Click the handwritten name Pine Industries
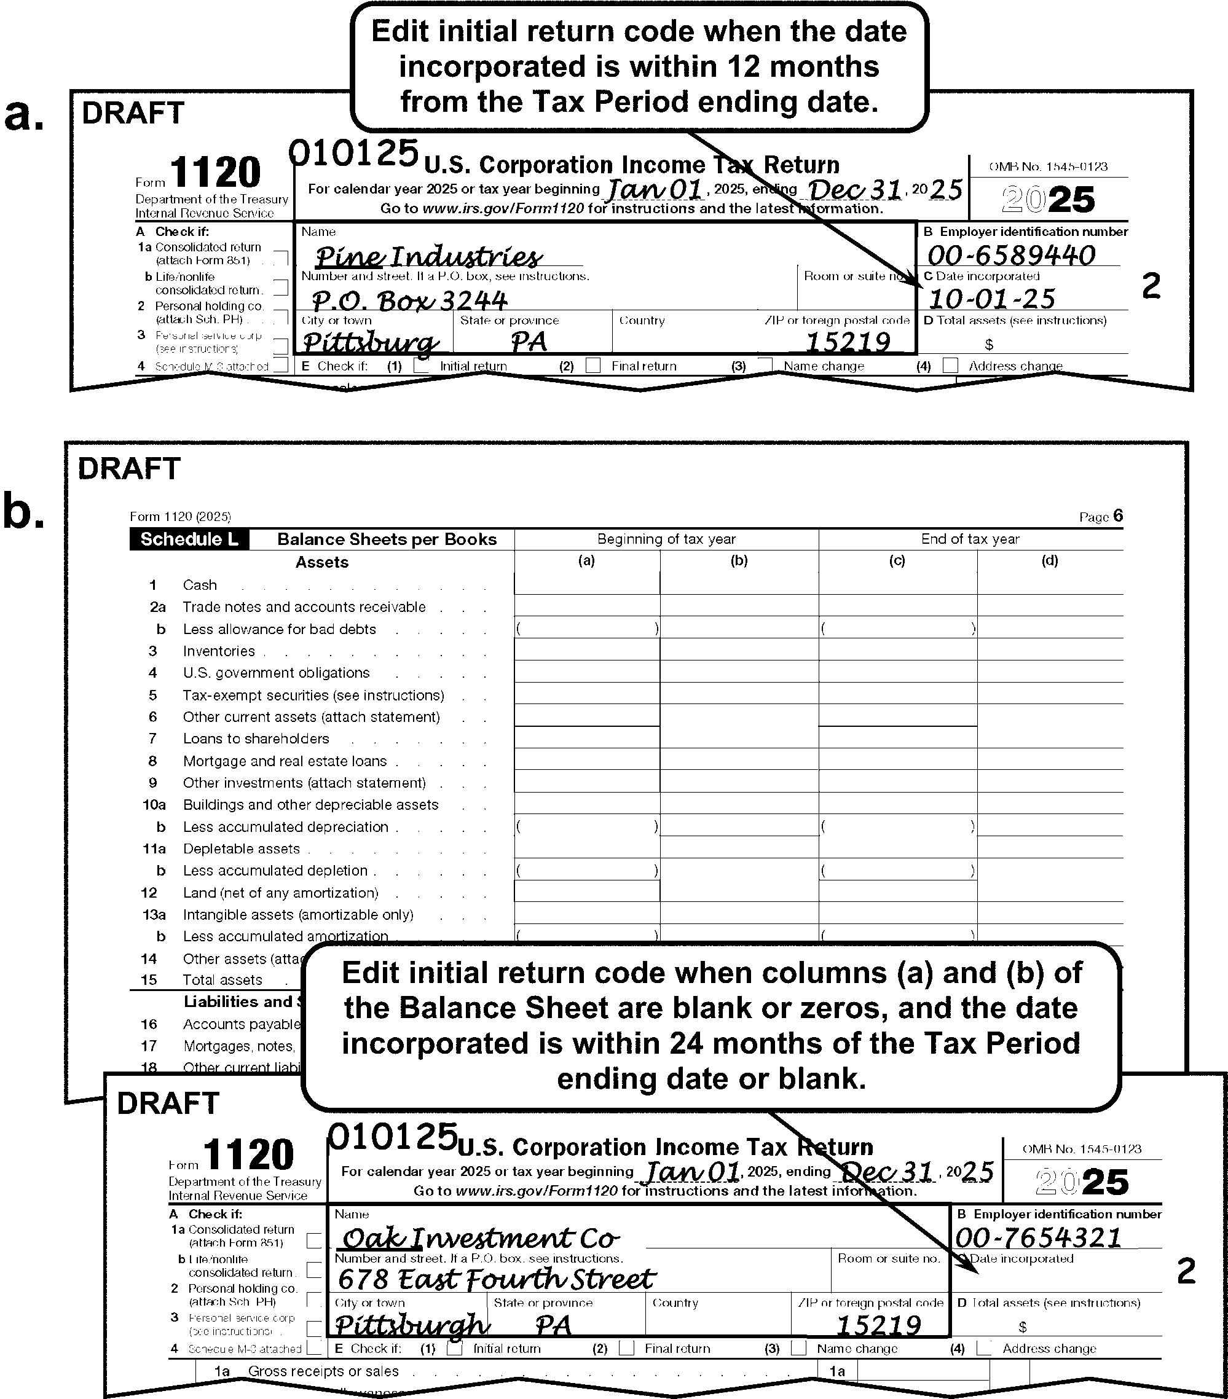(x=428, y=257)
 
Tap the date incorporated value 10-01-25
(x=991, y=299)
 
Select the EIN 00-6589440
(x=1011, y=256)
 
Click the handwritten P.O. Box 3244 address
(x=409, y=300)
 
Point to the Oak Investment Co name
(x=479, y=1237)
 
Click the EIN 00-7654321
(x=1037, y=1237)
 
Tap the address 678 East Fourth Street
(x=496, y=1279)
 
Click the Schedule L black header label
(x=189, y=539)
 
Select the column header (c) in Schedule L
(x=897, y=560)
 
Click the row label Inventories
(x=218, y=651)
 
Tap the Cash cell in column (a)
(x=586, y=584)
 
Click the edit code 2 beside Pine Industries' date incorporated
(x=1151, y=286)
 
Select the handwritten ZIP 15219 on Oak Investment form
(x=878, y=1326)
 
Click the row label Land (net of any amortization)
(x=280, y=893)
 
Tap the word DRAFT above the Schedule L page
(x=128, y=469)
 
